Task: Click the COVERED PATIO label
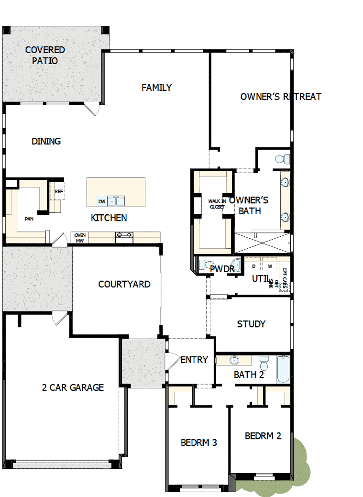45,55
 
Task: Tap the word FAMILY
156,88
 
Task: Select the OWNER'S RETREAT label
280,97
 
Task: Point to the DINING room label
46,141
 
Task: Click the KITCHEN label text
109,218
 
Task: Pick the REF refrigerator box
59,191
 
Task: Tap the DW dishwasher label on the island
101,201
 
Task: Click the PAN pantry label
29,219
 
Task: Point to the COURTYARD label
124,284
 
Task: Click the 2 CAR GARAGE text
73,387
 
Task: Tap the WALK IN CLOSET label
216,204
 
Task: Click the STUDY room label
251,324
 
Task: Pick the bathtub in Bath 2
283,369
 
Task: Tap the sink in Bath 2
234,360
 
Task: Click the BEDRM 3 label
199,442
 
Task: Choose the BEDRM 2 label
263,436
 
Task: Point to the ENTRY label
194,360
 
